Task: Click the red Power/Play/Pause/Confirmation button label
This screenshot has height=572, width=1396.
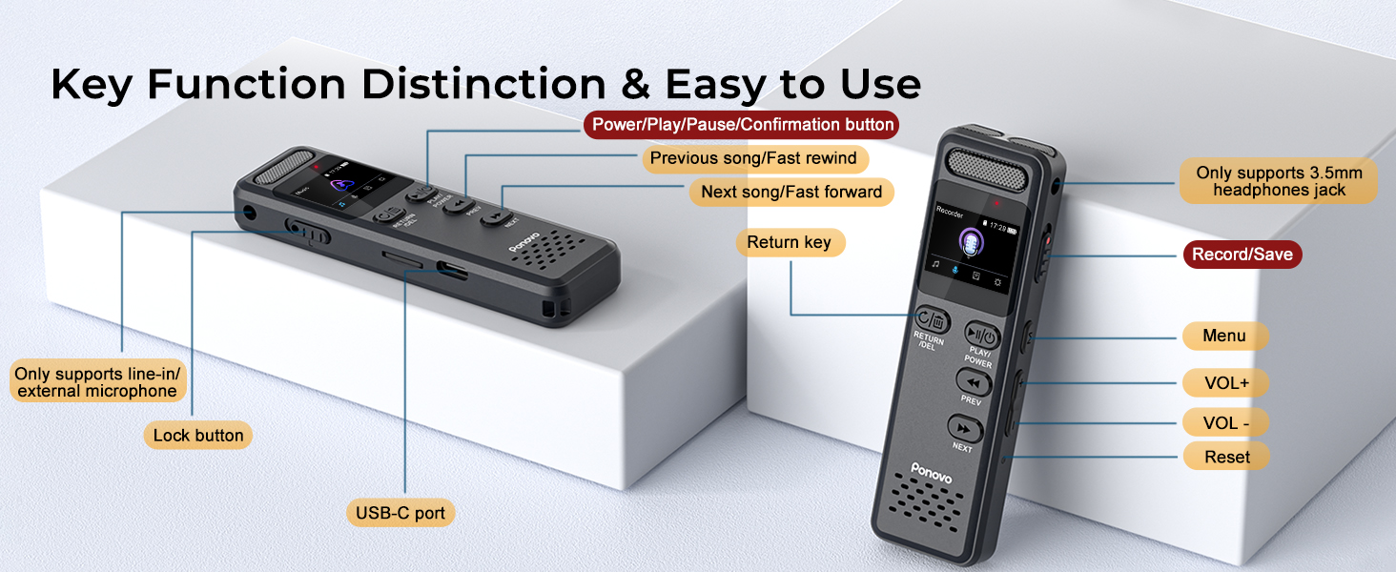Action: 743,124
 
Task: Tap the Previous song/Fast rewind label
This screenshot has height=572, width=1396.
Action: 753,157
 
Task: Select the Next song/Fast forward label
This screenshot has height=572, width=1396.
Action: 791,192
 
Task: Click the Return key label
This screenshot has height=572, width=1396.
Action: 789,242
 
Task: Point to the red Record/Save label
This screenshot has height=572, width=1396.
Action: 1242,255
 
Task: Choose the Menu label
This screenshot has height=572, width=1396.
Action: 1224,336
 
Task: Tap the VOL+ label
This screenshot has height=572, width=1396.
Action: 1226,383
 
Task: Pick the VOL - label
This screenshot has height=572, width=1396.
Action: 1226,422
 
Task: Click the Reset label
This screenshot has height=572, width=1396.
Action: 1226,457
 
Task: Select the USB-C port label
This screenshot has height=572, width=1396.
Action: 400,513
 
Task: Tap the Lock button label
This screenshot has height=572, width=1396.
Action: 198,436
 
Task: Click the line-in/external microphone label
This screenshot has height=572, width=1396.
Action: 97,382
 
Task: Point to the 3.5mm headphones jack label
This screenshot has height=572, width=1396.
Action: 1279,181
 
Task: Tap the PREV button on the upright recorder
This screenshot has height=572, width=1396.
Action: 974,383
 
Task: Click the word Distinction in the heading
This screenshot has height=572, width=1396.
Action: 483,85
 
